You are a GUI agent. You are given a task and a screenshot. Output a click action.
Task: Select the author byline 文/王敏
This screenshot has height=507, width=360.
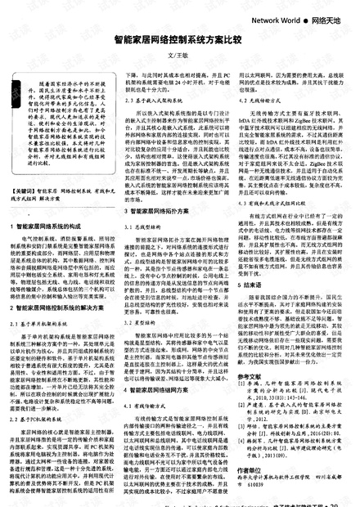(x=178, y=56)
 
